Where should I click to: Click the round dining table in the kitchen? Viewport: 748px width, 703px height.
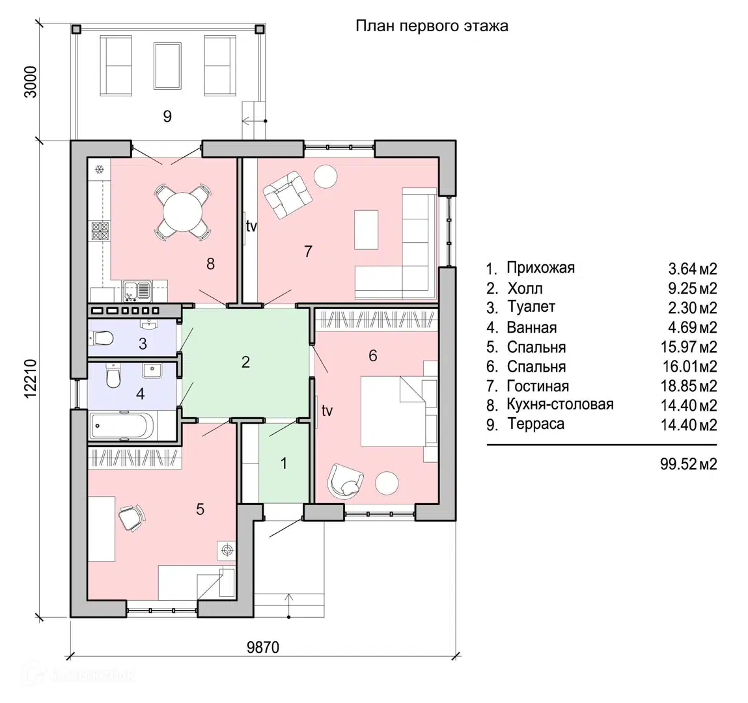(x=183, y=212)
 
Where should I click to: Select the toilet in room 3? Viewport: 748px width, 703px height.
(x=101, y=339)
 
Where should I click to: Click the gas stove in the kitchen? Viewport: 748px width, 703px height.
(x=100, y=231)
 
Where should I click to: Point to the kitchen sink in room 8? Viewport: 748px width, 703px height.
(x=137, y=291)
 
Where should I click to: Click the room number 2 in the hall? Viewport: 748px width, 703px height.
(x=245, y=363)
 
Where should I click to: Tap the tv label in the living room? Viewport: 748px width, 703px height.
(x=251, y=226)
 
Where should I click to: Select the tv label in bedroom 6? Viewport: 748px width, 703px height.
(x=327, y=410)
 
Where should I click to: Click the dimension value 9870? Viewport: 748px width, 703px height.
(x=263, y=647)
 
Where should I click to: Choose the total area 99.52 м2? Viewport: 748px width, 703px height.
(x=688, y=464)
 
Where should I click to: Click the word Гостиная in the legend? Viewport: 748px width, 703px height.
(x=538, y=385)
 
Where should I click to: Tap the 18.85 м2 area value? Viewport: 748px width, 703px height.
(x=689, y=386)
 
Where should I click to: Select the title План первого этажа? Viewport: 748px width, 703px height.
(x=432, y=26)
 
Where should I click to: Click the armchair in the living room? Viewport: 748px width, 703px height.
(x=288, y=195)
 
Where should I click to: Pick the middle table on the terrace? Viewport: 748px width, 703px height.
(x=167, y=65)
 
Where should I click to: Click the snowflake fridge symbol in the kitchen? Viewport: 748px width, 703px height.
(x=99, y=169)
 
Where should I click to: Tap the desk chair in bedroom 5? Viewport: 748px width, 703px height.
(x=132, y=518)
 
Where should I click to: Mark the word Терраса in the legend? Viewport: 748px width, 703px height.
(x=536, y=424)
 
